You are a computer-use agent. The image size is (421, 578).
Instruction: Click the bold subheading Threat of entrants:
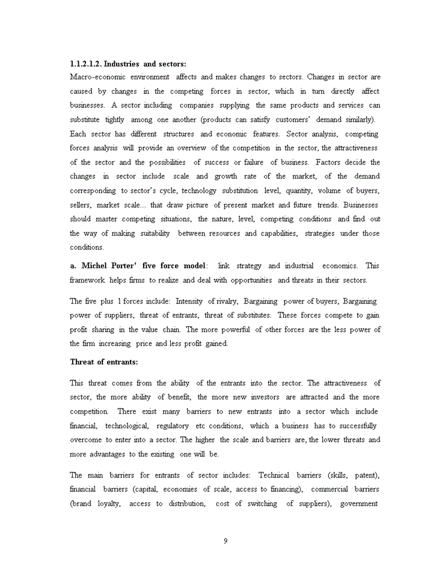(x=104, y=362)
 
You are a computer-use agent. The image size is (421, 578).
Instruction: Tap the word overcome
(x=85, y=440)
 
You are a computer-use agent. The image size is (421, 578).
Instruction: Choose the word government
(x=360, y=503)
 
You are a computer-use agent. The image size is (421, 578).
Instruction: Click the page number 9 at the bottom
(x=226, y=541)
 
